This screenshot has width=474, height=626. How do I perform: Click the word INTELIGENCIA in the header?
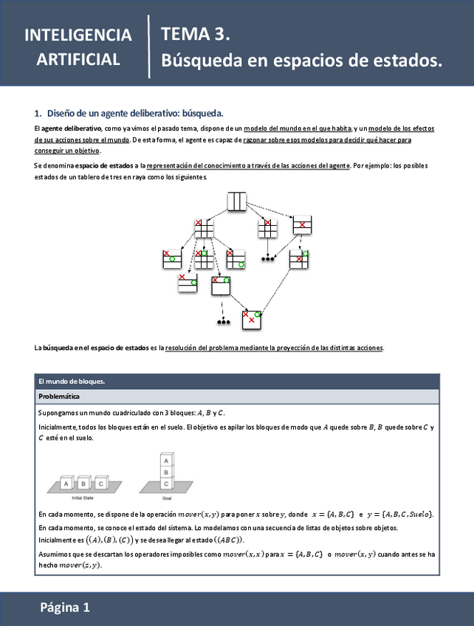[78, 35]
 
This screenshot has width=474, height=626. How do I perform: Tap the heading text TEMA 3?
[196, 34]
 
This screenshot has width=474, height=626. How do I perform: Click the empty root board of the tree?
[236, 201]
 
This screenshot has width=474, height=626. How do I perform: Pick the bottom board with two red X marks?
[252, 319]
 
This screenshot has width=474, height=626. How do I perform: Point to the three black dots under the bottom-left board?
[223, 323]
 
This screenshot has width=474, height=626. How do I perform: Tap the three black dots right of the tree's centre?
[268, 259]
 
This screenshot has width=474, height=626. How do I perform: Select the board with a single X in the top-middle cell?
[302, 224]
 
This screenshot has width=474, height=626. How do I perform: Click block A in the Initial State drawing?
[66, 484]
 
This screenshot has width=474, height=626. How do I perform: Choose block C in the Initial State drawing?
[100, 484]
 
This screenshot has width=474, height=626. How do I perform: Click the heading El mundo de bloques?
[72, 382]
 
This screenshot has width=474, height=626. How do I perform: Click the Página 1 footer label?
[65, 608]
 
